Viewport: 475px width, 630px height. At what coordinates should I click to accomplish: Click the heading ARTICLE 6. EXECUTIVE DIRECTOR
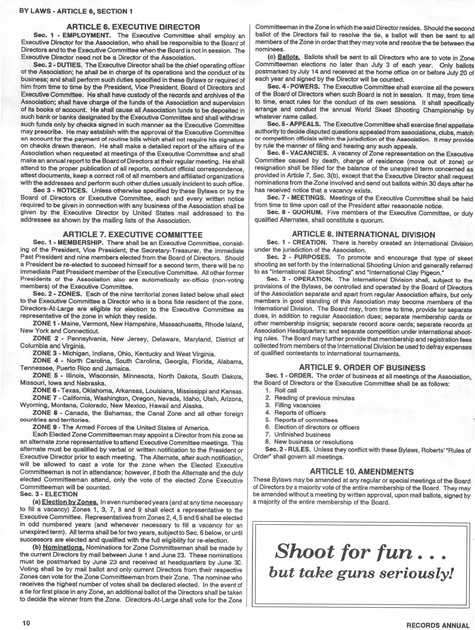(134, 27)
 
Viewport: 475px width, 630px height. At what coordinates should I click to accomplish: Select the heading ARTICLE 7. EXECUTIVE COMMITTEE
(133, 235)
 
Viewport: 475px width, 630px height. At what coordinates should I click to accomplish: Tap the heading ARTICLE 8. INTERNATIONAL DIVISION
(363, 234)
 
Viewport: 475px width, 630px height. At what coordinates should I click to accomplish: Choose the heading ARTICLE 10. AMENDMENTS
(362, 472)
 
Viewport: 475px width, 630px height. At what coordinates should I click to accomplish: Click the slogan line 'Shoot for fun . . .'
(361, 552)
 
